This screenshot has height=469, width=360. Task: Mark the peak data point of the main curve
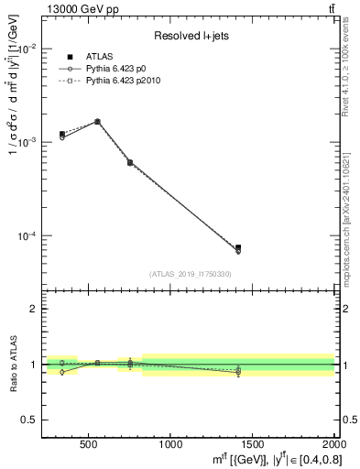click(97, 121)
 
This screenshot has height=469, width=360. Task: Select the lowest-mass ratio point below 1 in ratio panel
click(61, 372)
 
